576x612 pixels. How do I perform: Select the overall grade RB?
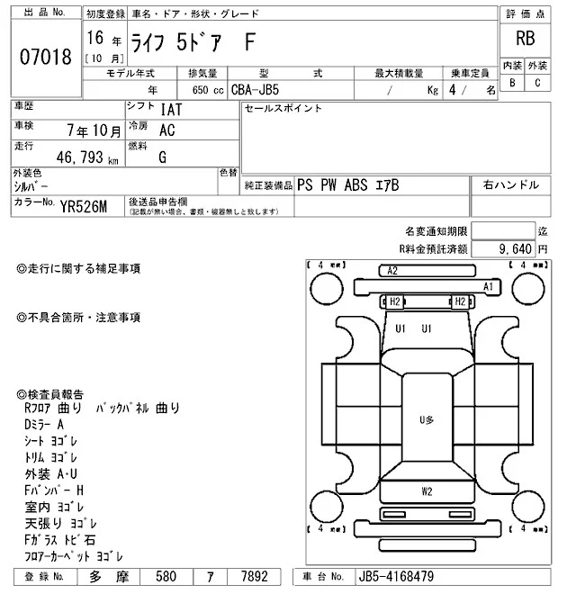click(526, 39)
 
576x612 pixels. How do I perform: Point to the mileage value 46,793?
click(79, 159)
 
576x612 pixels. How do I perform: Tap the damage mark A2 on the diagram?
click(391, 270)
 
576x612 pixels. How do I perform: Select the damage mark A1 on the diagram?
click(490, 286)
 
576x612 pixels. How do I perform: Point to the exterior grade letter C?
click(538, 83)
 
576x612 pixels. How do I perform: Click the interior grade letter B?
click(513, 83)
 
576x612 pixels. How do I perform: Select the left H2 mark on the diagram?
click(393, 301)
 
